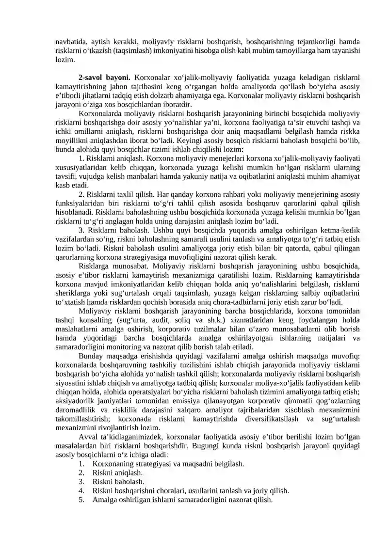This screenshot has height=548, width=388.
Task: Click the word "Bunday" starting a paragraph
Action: coord(89,356)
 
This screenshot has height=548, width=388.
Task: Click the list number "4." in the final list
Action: coord(82,490)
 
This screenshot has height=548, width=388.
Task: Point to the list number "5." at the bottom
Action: coord(82,500)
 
